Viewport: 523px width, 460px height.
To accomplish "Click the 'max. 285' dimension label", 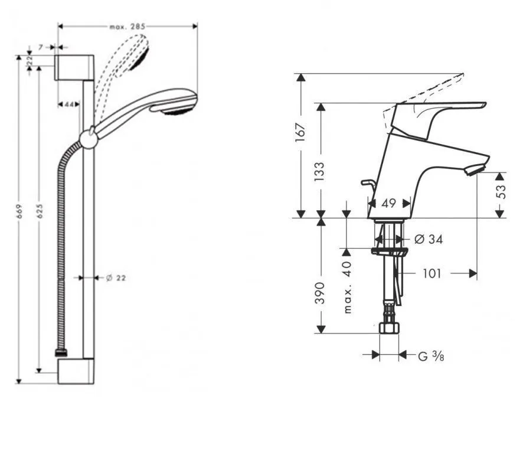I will tap(127, 27).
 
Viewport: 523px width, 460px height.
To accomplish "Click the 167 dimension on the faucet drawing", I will tap(301, 131).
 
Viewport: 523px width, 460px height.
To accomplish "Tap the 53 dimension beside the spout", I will tap(501, 192).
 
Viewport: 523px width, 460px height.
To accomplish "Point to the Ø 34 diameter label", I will tap(428, 239).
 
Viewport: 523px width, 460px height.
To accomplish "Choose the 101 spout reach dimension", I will tap(433, 273).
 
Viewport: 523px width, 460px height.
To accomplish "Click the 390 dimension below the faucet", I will tap(321, 292).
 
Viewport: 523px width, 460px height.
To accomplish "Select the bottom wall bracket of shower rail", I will tap(76, 371).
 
